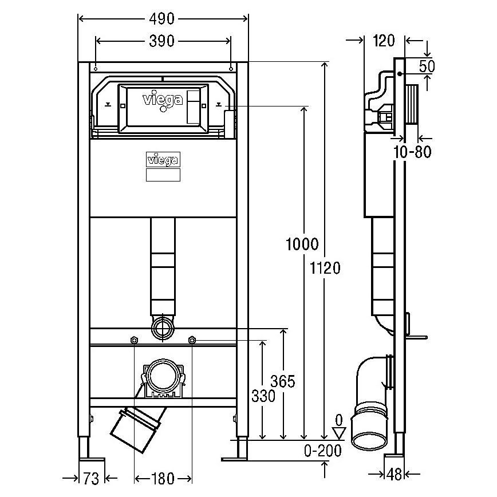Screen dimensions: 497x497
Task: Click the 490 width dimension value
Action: [163, 19]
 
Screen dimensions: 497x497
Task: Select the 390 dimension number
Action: [163, 41]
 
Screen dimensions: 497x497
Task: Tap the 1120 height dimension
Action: [325, 267]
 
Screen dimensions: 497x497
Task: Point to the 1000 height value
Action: [302, 245]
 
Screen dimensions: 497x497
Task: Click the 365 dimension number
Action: [282, 381]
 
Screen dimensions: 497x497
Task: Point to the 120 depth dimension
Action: [384, 41]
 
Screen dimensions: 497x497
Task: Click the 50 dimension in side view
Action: [427, 66]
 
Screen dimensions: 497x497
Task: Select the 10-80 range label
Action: [413, 152]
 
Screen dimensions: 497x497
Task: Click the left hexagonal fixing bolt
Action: [133, 341]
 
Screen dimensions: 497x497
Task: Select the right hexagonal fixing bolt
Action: [192, 341]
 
